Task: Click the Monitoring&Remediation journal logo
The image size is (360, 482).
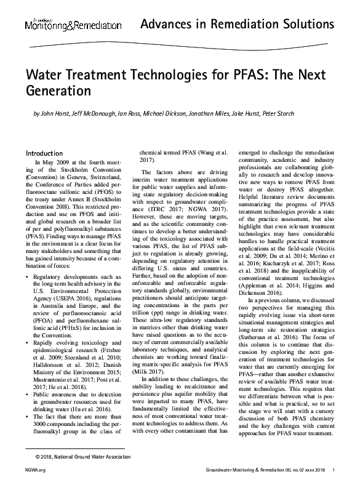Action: [73, 25]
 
